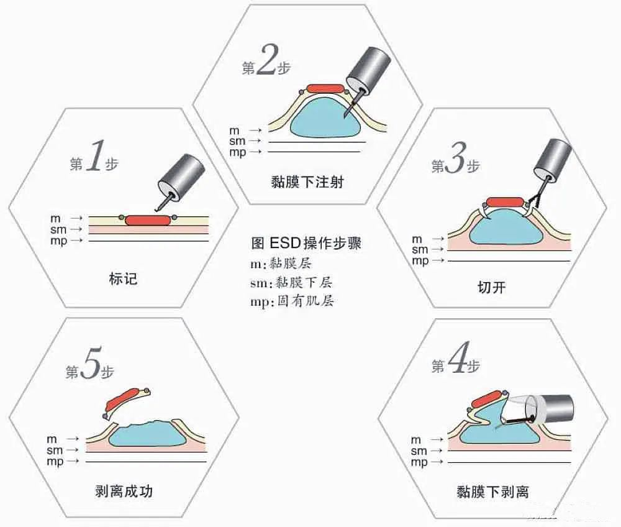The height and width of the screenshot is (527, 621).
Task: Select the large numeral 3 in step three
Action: [x=455, y=163]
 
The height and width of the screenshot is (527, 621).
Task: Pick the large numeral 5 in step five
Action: [x=90, y=369]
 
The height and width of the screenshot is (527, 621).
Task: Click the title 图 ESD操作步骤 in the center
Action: [x=306, y=243]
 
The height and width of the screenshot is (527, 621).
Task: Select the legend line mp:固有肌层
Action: [x=295, y=301]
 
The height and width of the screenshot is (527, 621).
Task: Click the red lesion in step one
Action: [x=147, y=220]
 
